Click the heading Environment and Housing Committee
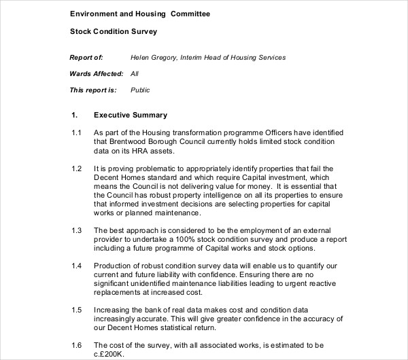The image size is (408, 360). tap(140, 14)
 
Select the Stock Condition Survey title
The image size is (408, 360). tap(114, 31)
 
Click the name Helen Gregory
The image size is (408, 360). tap(153, 58)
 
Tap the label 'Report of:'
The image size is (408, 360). tap(86, 58)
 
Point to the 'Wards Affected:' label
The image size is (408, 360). tap(97, 73)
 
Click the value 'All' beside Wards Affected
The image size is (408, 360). tap(135, 73)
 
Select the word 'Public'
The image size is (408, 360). tap(140, 90)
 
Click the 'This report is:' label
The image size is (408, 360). tap(93, 90)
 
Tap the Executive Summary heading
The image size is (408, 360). tap(130, 115)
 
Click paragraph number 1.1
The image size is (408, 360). tap(76, 132)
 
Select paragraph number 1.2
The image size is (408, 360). tap(76, 168)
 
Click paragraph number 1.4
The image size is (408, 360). tap(76, 264)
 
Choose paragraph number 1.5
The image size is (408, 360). tap(76, 309)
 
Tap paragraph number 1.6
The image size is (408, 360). tap(76, 346)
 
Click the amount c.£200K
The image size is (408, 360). tap(111, 355)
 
